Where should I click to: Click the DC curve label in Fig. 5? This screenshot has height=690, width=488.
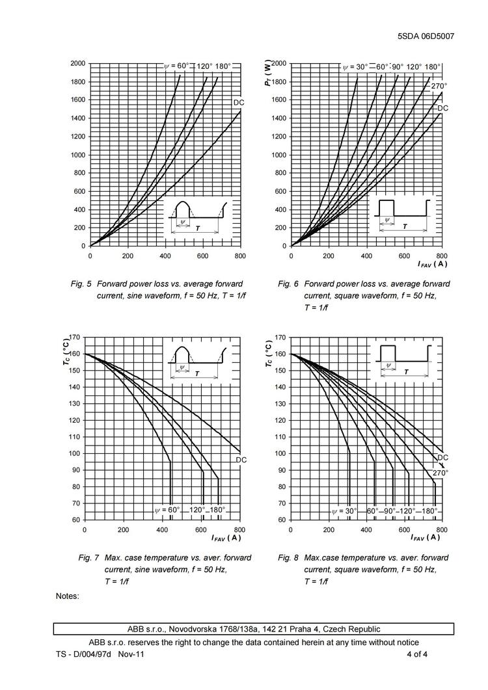[x=239, y=103]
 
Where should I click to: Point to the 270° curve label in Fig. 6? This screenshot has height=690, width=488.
[x=439, y=86]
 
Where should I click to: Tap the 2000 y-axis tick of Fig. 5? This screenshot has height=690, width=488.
[x=77, y=64]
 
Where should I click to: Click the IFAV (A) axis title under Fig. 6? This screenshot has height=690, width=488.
[x=432, y=263]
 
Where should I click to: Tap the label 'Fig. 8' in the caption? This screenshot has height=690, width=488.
[x=288, y=558]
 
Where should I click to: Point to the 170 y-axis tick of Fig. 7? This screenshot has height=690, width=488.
[x=74, y=338]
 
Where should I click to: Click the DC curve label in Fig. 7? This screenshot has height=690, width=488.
[x=241, y=460]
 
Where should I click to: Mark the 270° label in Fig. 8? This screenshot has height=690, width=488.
[x=441, y=473]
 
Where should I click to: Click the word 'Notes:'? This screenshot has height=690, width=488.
[x=68, y=596]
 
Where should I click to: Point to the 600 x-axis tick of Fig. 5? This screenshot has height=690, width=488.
[x=202, y=256]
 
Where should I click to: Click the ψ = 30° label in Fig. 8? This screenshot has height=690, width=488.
[x=345, y=511]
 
